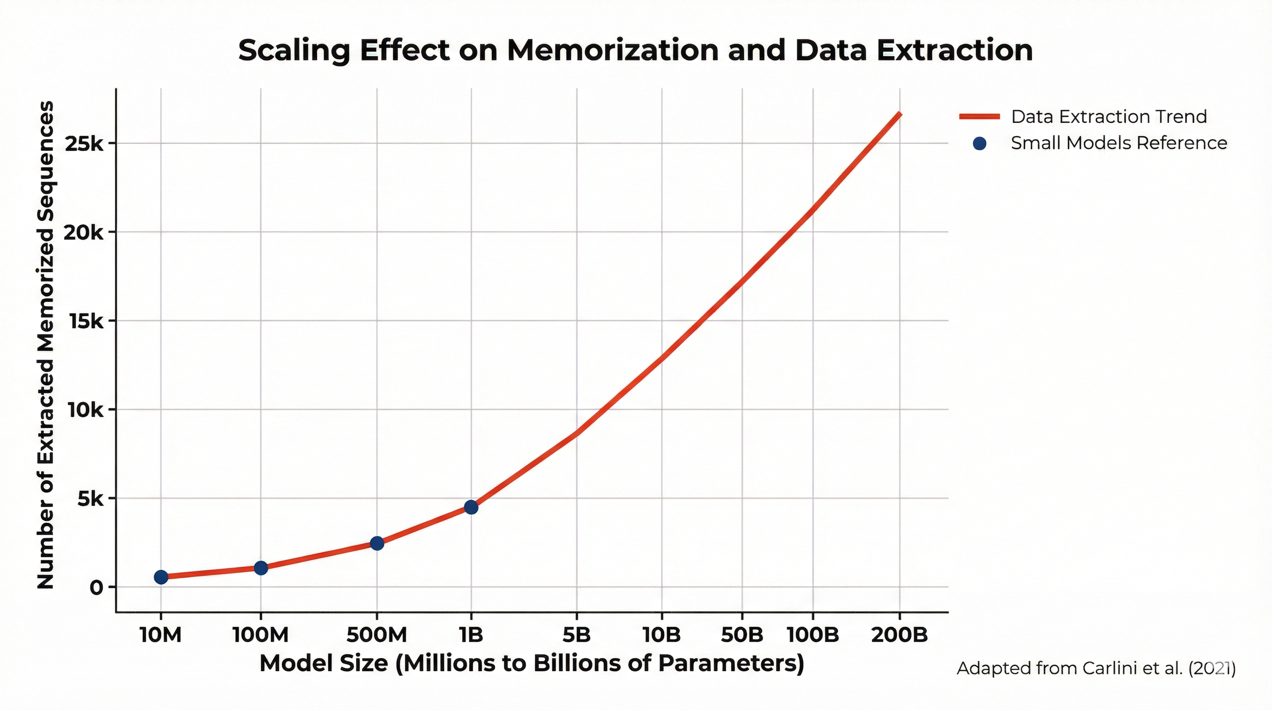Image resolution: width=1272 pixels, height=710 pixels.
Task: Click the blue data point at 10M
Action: coord(161,577)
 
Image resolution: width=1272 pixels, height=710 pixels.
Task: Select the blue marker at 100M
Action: coord(261,568)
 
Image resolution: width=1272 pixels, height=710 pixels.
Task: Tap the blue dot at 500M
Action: coord(377,543)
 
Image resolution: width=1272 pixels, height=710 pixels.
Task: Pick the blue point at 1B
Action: coord(471,507)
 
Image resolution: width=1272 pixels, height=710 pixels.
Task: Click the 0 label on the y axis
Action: coord(96,588)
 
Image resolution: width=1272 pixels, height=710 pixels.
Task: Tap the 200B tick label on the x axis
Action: coord(899,635)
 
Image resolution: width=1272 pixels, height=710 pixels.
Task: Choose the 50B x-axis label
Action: coord(742,635)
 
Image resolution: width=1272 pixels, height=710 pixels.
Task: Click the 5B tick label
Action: coord(576,635)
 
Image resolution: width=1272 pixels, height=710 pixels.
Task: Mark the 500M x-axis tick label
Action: coord(377,635)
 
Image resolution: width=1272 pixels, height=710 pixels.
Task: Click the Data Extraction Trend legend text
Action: coord(1108,117)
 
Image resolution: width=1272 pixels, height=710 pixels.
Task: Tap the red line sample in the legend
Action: coord(979,117)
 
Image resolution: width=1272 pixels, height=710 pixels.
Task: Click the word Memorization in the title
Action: coord(612,50)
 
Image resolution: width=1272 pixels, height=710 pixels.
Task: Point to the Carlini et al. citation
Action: coord(1096,668)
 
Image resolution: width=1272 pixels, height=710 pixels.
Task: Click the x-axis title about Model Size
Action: coord(532,663)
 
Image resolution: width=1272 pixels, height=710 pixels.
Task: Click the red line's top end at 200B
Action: coord(899,115)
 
